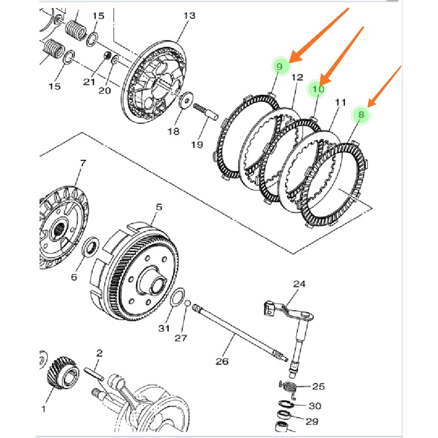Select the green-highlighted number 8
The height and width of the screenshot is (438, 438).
pyautogui.click(x=361, y=115)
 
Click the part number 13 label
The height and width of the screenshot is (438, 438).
pyautogui.click(x=189, y=16)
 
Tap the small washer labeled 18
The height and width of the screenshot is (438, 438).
pyautogui.click(x=186, y=100)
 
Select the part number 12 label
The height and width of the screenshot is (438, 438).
pyautogui.click(x=297, y=77)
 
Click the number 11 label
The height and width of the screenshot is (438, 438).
pyautogui.click(x=340, y=103)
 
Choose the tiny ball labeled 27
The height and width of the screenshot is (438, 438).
pyautogui.click(x=187, y=303)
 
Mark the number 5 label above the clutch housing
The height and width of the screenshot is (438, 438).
pyautogui.click(x=159, y=207)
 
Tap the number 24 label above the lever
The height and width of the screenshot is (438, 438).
pyautogui.click(x=300, y=284)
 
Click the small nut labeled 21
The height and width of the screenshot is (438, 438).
pyautogui.click(x=108, y=55)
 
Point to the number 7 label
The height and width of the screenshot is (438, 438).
pyautogui.click(x=83, y=163)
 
